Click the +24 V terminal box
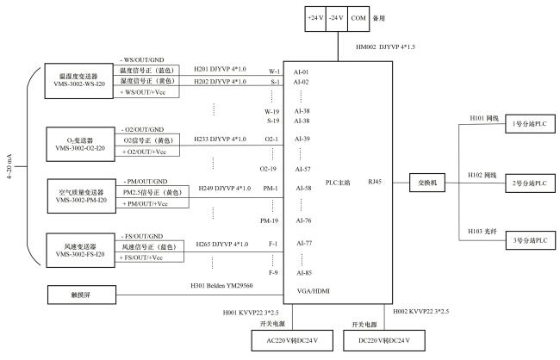coord(316,17)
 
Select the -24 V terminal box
coord(337,17)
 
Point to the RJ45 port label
coord(373,182)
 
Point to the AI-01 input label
coord(301,71)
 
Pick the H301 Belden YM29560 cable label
coord(221,285)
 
